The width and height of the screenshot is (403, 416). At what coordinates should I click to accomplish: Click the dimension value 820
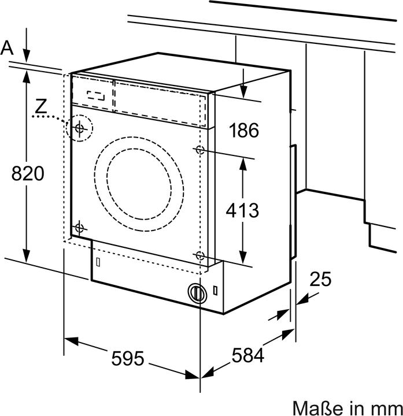(28, 173)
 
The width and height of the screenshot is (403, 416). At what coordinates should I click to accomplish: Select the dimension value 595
(127, 359)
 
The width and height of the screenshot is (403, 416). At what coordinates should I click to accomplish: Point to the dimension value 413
(242, 210)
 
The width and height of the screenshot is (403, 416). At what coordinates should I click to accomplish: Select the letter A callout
(7, 48)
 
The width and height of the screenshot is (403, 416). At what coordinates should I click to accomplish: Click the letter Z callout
(40, 106)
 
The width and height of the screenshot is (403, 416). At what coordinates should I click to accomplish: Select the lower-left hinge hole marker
(80, 227)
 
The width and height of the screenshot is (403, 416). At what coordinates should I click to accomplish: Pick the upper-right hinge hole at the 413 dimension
(199, 150)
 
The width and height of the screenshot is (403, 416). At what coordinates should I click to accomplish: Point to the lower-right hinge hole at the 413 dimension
(199, 255)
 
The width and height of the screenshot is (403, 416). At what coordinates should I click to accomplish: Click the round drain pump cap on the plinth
(197, 293)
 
